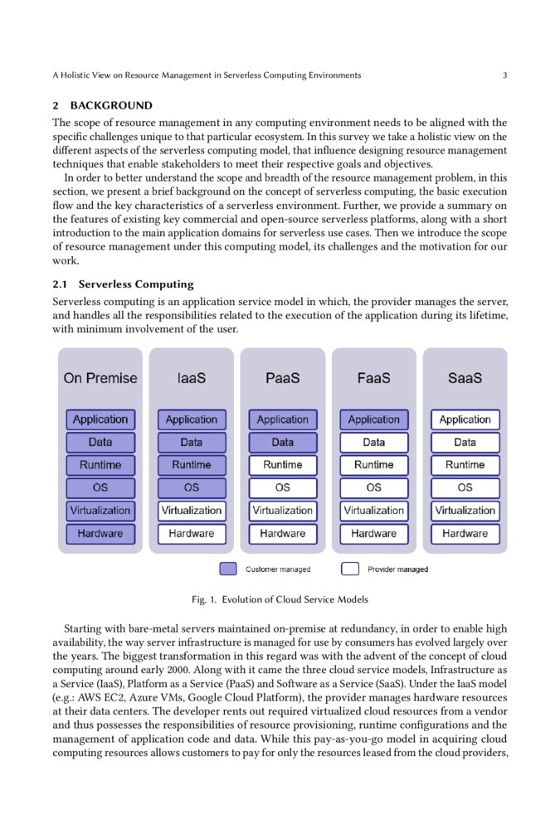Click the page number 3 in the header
coord(504,75)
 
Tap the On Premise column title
coord(100,378)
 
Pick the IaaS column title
coord(192,378)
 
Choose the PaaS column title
coord(283,378)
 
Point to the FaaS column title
coord(374,378)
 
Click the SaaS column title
coord(465,378)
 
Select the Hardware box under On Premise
coord(100,534)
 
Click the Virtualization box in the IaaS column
coord(192,511)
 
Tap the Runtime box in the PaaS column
coord(283,465)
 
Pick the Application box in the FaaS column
coord(374,419)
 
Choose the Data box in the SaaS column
coord(465,443)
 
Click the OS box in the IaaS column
coord(192,487)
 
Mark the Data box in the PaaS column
coord(283,443)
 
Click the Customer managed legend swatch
coord(228,570)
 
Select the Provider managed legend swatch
coord(350,570)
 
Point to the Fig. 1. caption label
coord(203,599)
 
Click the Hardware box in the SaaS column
coord(465,534)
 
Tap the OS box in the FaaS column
coord(374,487)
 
